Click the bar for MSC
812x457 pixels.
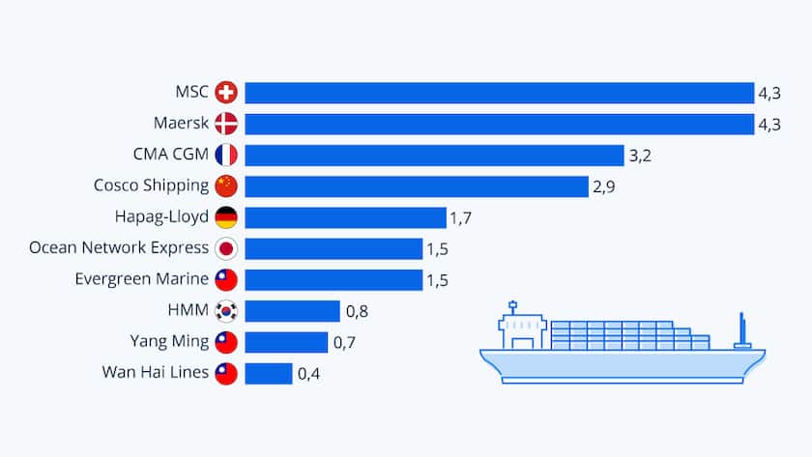tap(499, 93)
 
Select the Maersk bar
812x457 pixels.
tap(499, 124)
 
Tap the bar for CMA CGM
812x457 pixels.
tap(434, 156)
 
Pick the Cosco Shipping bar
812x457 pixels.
tap(417, 186)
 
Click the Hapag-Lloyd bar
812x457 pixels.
tap(345, 217)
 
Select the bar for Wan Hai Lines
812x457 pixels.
tap(269, 373)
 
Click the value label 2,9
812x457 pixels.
tap(604, 186)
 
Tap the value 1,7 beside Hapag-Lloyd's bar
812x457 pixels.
tap(461, 217)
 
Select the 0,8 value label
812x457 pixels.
tap(357, 311)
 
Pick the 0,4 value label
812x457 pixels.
tap(308, 373)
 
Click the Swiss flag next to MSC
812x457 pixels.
tap(226, 93)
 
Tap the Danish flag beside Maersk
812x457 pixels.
tap(226, 124)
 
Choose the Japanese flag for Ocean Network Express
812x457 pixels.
tap(226, 248)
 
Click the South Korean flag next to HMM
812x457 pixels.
tap(226, 311)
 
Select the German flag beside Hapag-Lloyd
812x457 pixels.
tap(226, 217)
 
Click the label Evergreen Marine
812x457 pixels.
tap(141, 279)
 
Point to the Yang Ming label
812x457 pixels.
tap(169, 341)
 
